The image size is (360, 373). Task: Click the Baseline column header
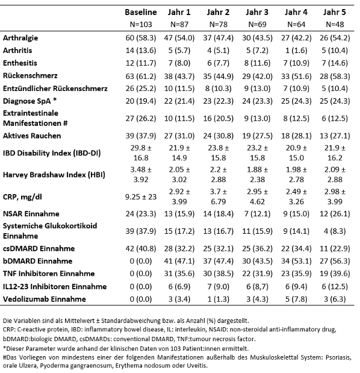[141, 12]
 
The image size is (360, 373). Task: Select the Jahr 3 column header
[257, 12]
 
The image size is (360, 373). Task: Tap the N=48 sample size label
[335, 24]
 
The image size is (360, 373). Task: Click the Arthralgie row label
[20, 38]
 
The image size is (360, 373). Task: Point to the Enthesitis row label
[20, 63]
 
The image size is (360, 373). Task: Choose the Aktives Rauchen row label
[32, 136]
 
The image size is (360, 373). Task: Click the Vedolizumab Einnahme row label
[44, 299]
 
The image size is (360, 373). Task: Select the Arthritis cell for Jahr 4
[296, 51]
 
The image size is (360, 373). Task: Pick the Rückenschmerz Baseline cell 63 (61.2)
[141, 77]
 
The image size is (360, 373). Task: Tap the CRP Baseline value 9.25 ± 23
[141, 196]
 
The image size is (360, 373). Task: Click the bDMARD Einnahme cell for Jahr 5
[335, 261]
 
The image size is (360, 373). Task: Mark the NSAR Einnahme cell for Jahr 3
[257, 214]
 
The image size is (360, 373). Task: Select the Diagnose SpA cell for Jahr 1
[179, 101]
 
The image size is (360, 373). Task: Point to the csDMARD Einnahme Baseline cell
[141, 249]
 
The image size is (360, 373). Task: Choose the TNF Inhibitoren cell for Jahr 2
[218, 274]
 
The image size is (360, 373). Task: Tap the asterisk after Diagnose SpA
[55, 99]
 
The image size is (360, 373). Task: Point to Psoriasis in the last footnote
[338, 357]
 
